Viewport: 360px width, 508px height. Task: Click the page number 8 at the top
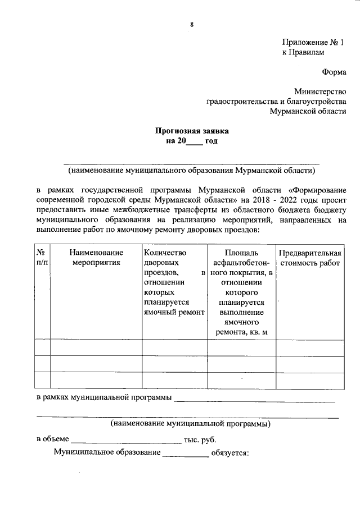coord(191,24)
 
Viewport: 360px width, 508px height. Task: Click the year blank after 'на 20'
coord(193,142)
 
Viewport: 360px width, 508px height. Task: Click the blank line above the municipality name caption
coord(191,162)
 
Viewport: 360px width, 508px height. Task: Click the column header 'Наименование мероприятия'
coord(96,258)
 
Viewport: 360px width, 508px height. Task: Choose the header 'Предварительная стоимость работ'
coord(310,258)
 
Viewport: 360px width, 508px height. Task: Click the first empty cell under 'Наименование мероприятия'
coord(96,347)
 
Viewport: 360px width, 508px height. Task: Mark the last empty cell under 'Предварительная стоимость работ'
coord(310,380)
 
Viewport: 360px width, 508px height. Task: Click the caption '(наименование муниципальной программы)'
coord(190,423)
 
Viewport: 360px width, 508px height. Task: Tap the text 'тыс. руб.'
coord(200,440)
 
